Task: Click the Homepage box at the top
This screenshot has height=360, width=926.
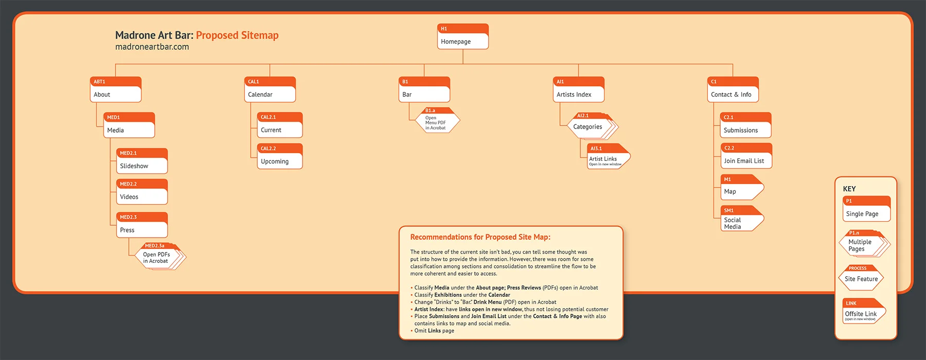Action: [x=462, y=37]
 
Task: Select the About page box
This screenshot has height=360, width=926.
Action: [x=115, y=90]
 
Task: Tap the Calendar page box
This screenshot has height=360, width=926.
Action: [x=270, y=90]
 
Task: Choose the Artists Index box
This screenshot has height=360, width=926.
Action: [x=578, y=90]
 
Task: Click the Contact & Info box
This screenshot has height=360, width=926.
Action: [x=733, y=90]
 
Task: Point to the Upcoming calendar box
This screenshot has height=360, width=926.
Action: [x=279, y=157]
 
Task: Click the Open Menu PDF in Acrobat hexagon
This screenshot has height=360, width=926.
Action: [x=437, y=121]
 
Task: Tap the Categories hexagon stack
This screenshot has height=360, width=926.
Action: [x=590, y=127]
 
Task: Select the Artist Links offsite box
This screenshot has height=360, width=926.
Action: [x=608, y=157]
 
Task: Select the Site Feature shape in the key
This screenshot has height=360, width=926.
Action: [x=861, y=278]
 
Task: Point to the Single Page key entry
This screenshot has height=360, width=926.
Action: [x=866, y=209]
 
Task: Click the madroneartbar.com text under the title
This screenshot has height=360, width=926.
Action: [x=152, y=47]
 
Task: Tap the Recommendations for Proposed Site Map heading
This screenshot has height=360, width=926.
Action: [x=480, y=237]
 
